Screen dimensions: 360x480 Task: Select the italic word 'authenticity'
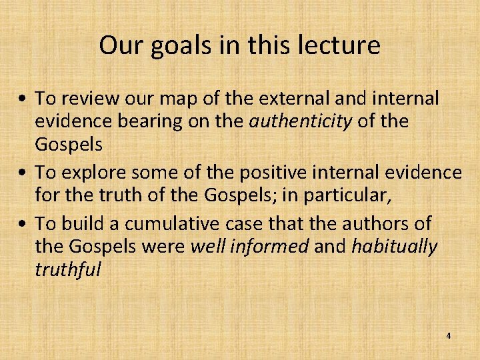point(301,122)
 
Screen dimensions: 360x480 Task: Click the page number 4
point(448,336)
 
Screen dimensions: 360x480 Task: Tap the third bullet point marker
point(23,223)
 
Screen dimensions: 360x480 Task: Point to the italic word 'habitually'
point(394,247)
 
